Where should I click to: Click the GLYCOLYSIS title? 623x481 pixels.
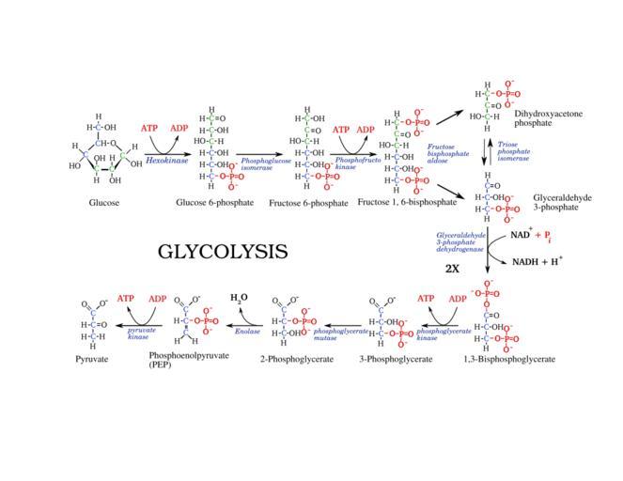point(222,252)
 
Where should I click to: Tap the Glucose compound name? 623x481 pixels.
point(104,202)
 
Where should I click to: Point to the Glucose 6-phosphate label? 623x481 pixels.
point(214,202)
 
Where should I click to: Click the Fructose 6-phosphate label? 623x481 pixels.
point(308,202)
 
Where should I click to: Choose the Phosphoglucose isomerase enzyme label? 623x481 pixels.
point(266,164)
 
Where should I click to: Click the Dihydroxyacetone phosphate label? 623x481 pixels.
point(548,117)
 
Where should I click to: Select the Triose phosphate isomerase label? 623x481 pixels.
point(514,151)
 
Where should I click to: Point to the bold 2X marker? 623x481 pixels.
point(452,268)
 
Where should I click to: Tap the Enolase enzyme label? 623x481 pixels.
point(248,331)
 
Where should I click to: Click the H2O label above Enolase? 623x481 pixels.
point(240,298)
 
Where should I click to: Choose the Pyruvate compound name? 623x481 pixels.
point(92,359)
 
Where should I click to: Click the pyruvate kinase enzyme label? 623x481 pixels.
point(142,334)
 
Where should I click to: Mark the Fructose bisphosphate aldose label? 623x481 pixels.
point(443,154)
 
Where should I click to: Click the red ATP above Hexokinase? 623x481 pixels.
point(149,128)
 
